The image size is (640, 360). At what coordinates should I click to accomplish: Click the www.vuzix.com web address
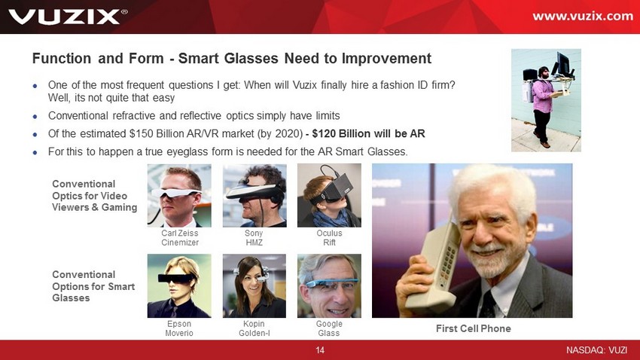[x=583, y=16]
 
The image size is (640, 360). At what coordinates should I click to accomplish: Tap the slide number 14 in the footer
[x=320, y=349]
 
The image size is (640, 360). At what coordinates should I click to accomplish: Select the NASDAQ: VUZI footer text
[x=596, y=349]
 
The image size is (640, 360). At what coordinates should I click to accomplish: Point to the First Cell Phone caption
[x=473, y=328]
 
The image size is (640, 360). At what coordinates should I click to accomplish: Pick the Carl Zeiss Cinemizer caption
[x=180, y=237]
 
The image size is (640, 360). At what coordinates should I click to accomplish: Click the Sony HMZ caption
[x=254, y=237]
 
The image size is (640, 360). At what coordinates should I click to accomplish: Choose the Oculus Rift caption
[x=329, y=237]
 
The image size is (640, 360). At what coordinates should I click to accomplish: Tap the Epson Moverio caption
[x=179, y=328]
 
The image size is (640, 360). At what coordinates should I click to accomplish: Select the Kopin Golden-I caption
[x=254, y=328]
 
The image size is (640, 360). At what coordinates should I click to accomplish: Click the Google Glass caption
[x=329, y=328]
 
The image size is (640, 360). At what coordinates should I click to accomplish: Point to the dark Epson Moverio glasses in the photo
[x=177, y=279]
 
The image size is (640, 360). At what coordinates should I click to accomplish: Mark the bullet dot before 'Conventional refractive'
[x=35, y=116]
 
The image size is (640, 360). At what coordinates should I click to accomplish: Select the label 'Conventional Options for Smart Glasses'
[x=93, y=286]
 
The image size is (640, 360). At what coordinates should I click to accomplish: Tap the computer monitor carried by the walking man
[x=562, y=63]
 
